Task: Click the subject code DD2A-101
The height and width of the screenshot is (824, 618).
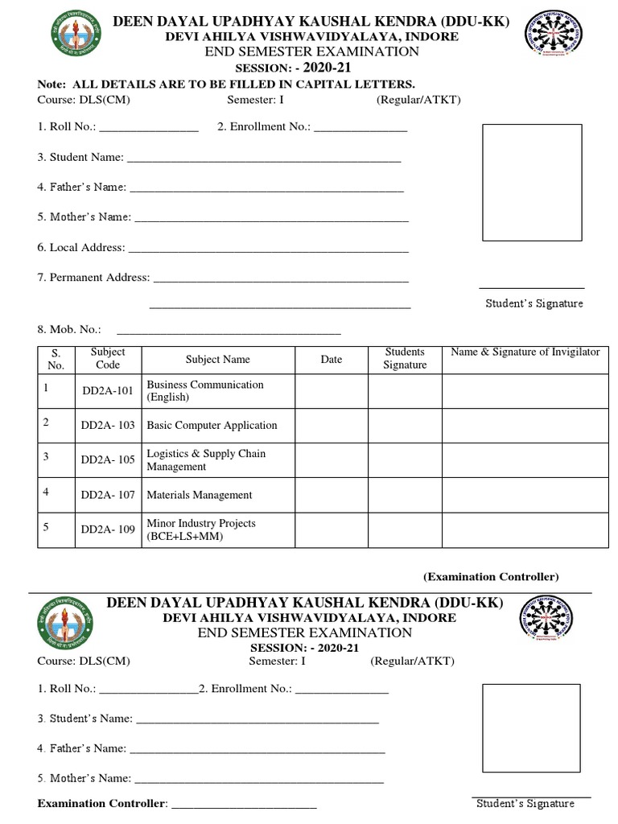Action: [x=108, y=391]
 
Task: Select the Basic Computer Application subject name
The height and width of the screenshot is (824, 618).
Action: [x=212, y=425]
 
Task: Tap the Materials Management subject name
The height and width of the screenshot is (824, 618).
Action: [x=199, y=495]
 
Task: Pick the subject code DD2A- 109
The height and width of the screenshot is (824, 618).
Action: [x=108, y=529]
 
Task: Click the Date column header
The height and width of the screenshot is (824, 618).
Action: [x=332, y=360]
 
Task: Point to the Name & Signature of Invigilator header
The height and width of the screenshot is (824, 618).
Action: [x=525, y=352]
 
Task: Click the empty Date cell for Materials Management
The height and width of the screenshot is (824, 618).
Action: [x=332, y=495]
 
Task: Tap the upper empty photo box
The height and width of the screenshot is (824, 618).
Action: [x=531, y=182]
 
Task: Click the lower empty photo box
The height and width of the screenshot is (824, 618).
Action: [x=532, y=727]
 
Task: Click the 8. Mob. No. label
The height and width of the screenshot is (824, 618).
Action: [x=69, y=329]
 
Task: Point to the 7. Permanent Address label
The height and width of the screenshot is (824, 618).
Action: [x=93, y=278]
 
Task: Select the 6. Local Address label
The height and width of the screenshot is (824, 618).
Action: [x=80, y=248]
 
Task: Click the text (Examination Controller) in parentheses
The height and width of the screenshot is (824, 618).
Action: [x=490, y=577]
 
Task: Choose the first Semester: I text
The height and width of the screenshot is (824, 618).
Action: [x=255, y=101]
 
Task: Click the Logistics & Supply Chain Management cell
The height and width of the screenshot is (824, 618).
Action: [x=206, y=459]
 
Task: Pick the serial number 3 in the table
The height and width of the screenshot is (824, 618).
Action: [x=47, y=456]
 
